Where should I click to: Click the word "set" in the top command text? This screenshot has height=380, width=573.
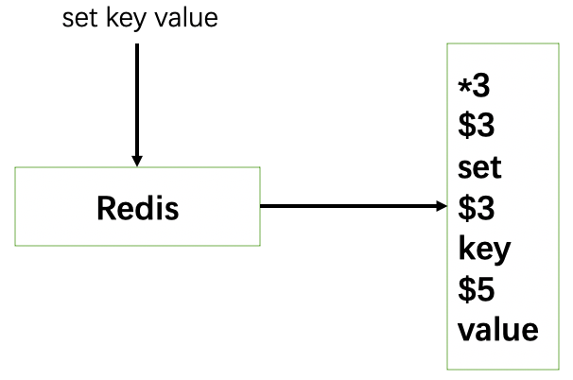pos(78,18)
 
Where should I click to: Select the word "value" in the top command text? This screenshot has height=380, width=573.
pos(184,18)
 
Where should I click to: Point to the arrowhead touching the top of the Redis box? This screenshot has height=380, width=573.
pos(137,160)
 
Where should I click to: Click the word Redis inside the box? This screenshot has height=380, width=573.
pos(137,208)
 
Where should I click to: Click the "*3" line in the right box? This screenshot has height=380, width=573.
pos(475,87)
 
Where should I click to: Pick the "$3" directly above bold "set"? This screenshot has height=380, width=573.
pos(476,128)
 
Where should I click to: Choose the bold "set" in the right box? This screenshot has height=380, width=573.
pos(479,169)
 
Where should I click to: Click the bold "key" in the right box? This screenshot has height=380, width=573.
pos(484,250)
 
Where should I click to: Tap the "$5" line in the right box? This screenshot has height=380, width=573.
pos(476,290)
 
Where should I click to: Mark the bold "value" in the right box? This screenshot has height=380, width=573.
pos(497,331)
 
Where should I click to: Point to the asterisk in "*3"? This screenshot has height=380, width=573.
pos(464,85)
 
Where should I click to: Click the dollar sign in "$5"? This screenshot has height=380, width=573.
pos(466,290)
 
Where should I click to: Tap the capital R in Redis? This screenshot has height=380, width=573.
pos(106,208)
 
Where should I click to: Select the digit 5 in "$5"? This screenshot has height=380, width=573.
pos(484,290)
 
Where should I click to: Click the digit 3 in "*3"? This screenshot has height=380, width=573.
pos(482,87)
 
